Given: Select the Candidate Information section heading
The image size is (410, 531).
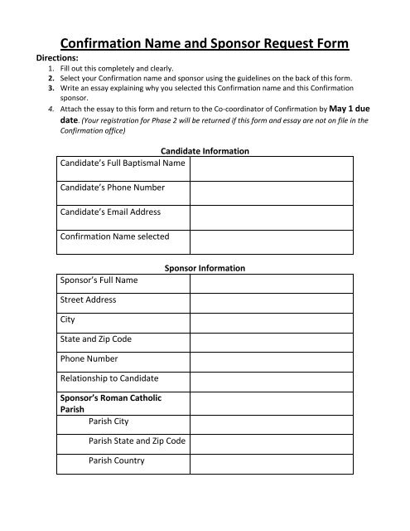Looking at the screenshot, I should point(205,151).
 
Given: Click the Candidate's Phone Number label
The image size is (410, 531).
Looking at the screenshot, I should point(112,188).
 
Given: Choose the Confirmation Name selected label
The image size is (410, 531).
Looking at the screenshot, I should point(114,236).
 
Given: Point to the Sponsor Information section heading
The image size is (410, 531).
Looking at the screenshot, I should point(205,269).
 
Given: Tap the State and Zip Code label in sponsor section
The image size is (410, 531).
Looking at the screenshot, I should point(96,339).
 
